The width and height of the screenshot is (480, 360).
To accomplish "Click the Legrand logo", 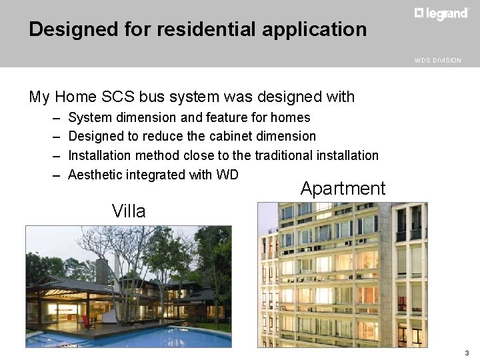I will coord(441,13).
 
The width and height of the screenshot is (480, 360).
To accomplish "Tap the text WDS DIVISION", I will coord(437,61).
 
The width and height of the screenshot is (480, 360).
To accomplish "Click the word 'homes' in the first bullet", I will coord(291,118).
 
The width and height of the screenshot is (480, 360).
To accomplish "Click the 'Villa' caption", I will coord(129,212).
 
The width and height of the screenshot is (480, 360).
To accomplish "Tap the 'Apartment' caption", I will coord(343,189).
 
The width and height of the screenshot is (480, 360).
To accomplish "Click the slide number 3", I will coord(467,353).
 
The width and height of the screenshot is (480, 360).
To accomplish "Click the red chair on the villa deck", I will coord(87,321).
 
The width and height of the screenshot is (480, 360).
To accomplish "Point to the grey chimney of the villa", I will coord(103,270).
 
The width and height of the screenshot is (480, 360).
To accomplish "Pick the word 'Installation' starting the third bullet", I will coord(99,155).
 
